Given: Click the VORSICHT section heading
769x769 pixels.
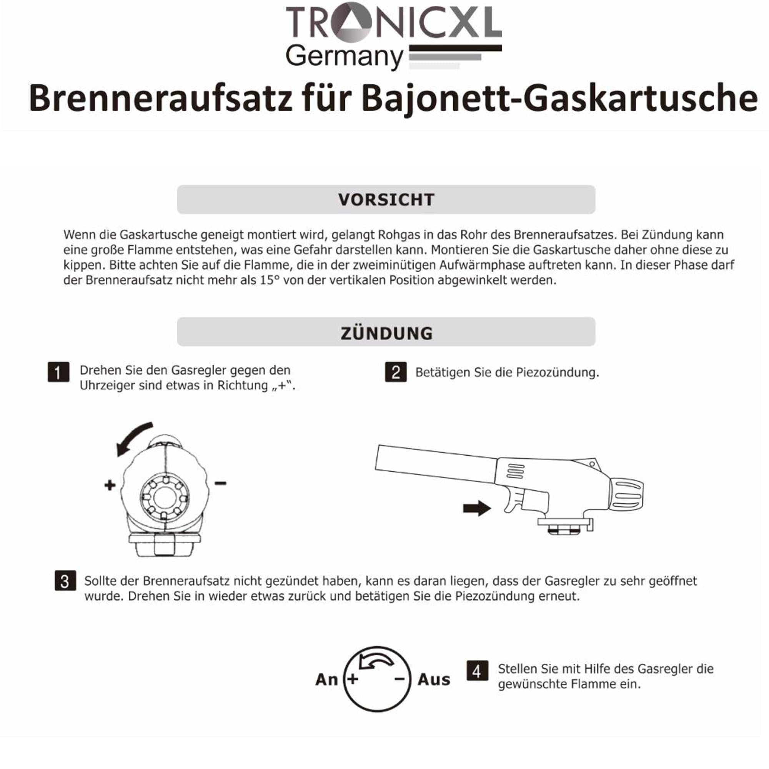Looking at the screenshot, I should (386, 200).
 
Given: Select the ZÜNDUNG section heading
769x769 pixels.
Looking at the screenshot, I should (386, 333).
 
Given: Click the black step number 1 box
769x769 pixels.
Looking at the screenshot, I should (58, 372).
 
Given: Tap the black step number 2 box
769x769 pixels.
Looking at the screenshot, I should (396, 372).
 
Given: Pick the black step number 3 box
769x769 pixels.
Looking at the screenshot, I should (65, 581).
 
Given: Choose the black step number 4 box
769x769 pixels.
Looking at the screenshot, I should (477, 671).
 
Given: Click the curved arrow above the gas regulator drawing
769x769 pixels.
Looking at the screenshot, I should (133, 438).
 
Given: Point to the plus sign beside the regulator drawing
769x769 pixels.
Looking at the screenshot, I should (110, 485).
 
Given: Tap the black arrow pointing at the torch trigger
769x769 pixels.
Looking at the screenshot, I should (476, 508).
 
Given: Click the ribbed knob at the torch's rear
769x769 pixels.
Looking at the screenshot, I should (627, 494).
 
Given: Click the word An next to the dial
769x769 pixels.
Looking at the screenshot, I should (326, 679).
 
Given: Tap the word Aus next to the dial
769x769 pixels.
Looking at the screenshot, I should (433, 679).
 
